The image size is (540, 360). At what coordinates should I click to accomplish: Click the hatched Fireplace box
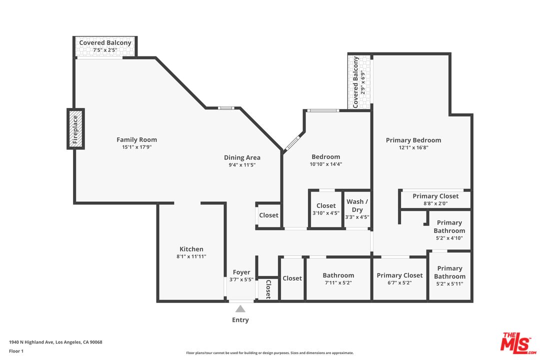click(x=75, y=128)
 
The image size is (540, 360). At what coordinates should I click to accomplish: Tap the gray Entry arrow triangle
click(x=240, y=309)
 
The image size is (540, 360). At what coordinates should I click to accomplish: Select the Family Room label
click(x=136, y=139)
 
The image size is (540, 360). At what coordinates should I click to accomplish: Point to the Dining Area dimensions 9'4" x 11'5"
click(x=242, y=165)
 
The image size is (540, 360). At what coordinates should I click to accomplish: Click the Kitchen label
click(x=191, y=249)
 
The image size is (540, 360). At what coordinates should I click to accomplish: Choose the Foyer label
click(x=241, y=272)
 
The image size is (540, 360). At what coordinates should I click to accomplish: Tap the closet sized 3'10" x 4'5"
click(x=326, y=209)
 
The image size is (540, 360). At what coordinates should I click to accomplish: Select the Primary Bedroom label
click(x=413, y=140)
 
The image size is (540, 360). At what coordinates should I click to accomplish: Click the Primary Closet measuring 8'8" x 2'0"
click(x=435, y=199)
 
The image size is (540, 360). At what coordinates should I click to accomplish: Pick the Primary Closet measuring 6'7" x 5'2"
click(x=399, y=279)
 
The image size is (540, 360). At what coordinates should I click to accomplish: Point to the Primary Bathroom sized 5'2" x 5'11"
click(x=449, y=276)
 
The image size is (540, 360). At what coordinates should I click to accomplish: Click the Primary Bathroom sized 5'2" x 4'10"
click(x=449, y=230)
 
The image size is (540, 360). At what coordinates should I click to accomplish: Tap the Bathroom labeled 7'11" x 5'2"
click(x=338, y=279)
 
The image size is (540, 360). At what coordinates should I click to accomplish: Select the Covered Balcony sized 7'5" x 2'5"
click(x=105, y=46)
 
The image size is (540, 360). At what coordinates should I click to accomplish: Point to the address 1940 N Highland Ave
click(x=55, y=342)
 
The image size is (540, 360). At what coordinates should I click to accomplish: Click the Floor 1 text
click(x=16, y=351)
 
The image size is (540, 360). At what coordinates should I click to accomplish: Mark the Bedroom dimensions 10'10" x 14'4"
click(x=325, y=164)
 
